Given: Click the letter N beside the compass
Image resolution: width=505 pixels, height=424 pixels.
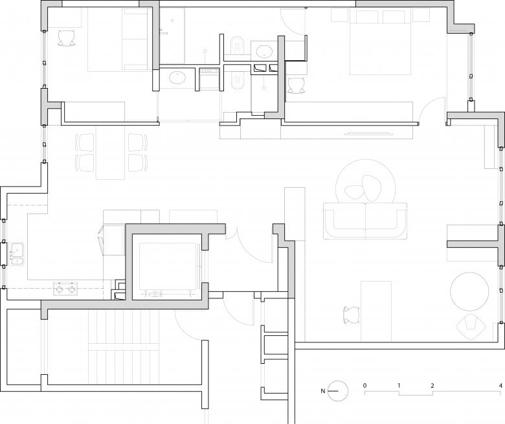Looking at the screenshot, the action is [x=322, y=391].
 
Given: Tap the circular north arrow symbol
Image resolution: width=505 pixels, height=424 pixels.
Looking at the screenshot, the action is [x=338, y=391].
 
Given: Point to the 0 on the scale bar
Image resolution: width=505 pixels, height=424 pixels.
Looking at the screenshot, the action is [x=365, y=385].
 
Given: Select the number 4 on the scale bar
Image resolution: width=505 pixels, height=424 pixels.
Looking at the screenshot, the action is [x=500, y=385].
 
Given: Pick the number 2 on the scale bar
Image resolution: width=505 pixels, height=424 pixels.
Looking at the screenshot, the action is [x=432, y=385].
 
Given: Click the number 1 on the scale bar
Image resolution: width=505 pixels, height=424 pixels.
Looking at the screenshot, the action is [x=399, y=385].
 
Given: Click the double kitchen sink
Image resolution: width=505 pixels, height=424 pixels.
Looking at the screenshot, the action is [x=17, y=254].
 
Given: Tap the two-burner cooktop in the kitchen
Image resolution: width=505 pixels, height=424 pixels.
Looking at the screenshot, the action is [x=65, y=289].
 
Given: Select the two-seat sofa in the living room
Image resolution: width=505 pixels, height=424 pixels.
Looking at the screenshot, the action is [x=365, y=221].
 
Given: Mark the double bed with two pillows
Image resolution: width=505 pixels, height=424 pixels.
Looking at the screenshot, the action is [x=381, y=42].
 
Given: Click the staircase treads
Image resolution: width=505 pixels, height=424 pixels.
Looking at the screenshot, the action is [x=124, y=347].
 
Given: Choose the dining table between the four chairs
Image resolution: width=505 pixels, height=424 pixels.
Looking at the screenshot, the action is [x=110, y=152].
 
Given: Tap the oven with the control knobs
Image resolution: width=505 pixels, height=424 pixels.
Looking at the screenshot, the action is [x=209, y=78].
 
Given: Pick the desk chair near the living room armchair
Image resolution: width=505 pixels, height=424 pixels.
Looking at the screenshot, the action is [x=352, y=315].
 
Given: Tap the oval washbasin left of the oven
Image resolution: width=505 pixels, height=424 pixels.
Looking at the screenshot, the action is [x=177, y=78].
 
